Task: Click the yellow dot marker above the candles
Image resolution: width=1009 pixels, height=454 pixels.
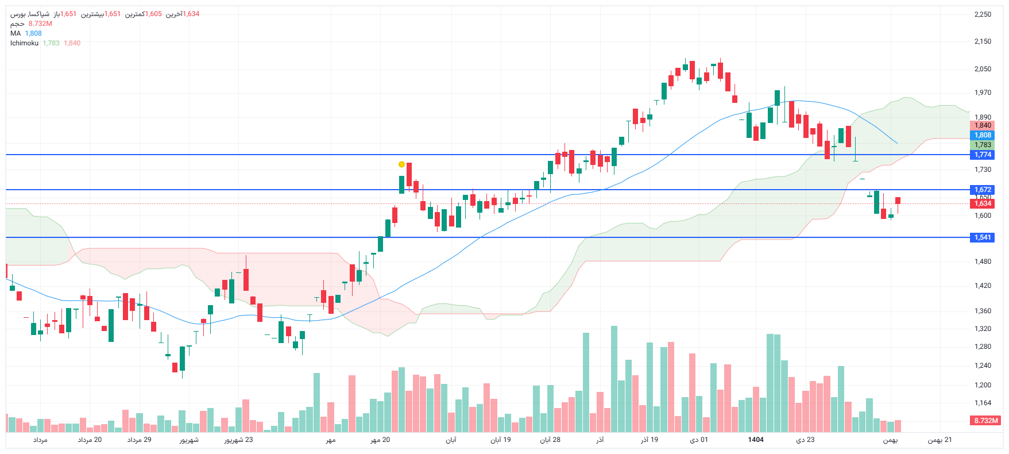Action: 401,164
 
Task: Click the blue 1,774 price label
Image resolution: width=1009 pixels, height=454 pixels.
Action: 983,155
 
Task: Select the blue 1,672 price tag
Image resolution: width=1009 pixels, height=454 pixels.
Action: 983,190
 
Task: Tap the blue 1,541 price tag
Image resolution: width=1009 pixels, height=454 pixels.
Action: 983,237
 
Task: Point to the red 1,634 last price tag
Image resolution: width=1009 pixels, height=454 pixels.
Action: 983,203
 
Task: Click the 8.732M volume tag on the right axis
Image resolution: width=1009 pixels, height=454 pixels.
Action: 985,421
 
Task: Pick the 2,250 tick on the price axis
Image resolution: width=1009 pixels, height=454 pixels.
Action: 983,14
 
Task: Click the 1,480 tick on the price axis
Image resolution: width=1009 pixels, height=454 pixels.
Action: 983,261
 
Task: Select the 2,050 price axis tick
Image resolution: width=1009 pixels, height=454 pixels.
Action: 983,69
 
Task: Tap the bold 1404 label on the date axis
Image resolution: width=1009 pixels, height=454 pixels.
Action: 756,440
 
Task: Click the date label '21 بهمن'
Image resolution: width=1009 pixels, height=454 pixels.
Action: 940,440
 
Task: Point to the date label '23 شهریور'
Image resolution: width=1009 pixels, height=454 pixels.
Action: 238,440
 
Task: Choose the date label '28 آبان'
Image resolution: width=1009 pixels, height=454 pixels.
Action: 550,440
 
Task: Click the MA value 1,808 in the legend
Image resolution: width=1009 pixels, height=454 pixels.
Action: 33,33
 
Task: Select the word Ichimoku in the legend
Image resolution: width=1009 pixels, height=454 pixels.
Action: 24,43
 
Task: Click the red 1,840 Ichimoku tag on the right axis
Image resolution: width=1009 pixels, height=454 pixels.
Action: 983,125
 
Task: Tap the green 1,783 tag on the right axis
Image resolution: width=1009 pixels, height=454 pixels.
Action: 983,145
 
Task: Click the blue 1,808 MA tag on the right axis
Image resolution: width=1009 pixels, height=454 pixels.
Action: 983,135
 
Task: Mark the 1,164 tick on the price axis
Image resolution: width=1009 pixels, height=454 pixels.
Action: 983,403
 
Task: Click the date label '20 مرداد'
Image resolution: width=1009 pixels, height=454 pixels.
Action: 90,440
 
